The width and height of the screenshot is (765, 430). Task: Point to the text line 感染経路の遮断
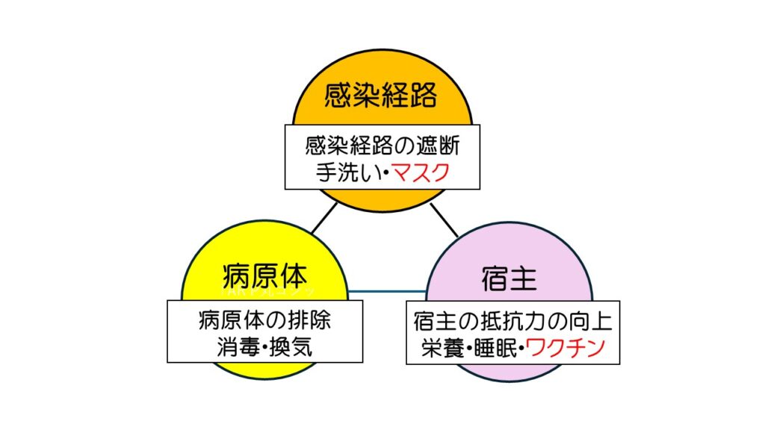[381, 143]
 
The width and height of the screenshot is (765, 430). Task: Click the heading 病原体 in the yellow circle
[264, 275]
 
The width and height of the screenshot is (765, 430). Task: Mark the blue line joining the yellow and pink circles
[387, 290]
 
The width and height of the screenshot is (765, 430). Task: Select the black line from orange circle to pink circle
[442, 219]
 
